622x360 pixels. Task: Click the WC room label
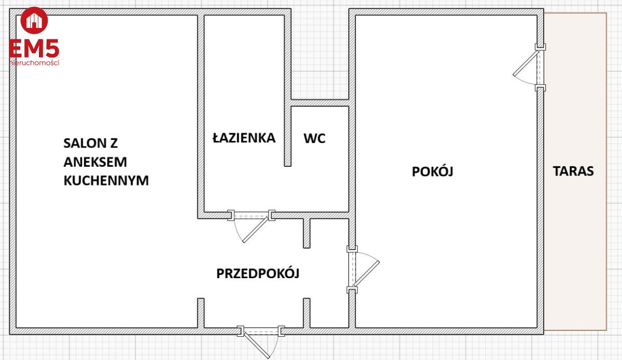click(314, 138)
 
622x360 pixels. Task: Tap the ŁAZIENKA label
click(244, 137)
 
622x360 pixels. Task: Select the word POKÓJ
click(432, 171)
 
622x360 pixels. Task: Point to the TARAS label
click(573, 171)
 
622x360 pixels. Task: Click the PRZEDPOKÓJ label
click(258, 273)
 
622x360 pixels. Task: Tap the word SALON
click(83, 143)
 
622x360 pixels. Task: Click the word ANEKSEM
click(95, 162)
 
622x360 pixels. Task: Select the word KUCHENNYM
click(106, 180)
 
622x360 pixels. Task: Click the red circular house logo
click(34, 20)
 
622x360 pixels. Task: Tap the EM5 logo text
click(34, 48)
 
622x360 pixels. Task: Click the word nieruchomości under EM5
click(34, 63)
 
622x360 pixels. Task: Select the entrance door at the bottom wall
click(261, 341)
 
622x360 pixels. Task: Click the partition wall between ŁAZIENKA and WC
click(288, 91)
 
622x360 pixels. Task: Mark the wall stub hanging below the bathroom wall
click(306, 233)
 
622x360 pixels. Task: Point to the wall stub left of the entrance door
click(201, 313)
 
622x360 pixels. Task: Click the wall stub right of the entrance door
click(306, 313)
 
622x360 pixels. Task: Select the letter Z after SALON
click(114, 143)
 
